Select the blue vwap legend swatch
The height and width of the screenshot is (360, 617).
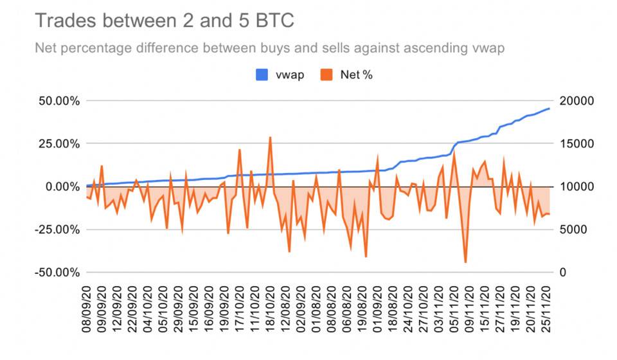point(264,75)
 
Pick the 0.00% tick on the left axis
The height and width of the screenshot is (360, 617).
point(59,186)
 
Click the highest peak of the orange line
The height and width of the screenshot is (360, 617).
point(270,137)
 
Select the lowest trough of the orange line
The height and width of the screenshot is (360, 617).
point(465,262)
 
